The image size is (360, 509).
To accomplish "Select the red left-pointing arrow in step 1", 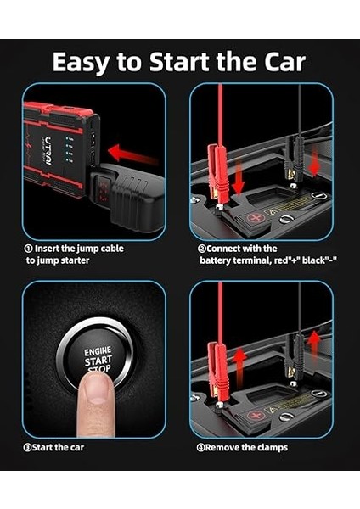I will coord(134,154).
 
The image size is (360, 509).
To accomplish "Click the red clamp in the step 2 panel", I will coord(215,170).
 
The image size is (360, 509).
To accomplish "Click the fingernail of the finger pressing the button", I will coord(96,389).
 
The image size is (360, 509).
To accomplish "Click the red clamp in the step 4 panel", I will coord(215,365).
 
